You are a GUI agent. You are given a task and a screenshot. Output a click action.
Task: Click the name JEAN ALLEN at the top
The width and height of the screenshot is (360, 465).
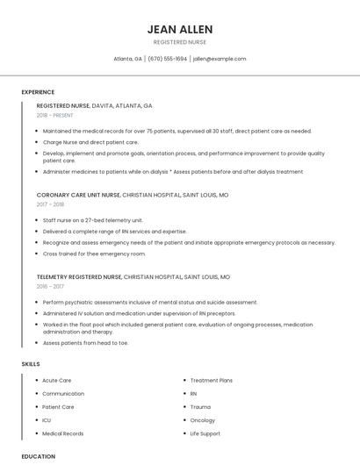coord(180,29)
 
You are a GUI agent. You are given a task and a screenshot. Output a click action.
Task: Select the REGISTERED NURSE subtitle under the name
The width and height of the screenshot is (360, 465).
coord(180,42)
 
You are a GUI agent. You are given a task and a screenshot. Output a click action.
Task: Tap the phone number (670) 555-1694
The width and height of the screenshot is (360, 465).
coord(167,59)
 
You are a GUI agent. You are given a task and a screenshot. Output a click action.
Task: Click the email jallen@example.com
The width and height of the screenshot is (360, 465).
coord(220,59)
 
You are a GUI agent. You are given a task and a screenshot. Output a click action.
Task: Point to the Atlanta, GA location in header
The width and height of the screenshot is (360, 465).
coord(128,59)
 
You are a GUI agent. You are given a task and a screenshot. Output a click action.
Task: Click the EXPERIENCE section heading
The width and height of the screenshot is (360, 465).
coord(38,92)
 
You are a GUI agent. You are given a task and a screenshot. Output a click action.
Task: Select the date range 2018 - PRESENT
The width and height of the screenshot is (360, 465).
coord(54,115)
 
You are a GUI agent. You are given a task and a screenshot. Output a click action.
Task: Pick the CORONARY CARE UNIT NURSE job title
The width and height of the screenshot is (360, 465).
coord(78,195)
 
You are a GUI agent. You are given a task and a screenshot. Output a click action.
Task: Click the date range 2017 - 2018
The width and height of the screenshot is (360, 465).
coord(50,204)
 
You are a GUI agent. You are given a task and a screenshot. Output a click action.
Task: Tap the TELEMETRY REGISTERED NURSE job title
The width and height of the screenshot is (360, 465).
coord(79,276)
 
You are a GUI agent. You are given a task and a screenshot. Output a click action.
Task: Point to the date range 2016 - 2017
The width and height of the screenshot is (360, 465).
coord(50,286)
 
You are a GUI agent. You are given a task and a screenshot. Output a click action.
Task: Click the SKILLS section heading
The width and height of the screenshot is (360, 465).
coord(31,363)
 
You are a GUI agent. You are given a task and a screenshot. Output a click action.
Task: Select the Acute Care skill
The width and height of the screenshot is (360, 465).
coord(56,381)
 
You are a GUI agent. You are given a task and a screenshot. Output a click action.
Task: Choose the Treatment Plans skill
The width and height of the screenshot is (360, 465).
coord(211,381)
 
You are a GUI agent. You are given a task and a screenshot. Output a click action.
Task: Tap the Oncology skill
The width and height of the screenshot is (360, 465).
coord(202,420)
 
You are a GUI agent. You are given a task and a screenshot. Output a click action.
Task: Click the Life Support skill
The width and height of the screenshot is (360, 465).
coord(205,433)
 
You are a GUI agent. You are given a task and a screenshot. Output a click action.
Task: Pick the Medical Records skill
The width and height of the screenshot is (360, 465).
coord(62,433)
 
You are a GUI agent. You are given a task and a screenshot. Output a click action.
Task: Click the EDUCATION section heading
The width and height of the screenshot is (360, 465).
coord(38,456)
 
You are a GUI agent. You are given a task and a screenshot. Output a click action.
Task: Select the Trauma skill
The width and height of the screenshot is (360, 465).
coord(200,407)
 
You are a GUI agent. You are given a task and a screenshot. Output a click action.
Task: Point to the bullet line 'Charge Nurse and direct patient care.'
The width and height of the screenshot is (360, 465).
coord(90,142)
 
